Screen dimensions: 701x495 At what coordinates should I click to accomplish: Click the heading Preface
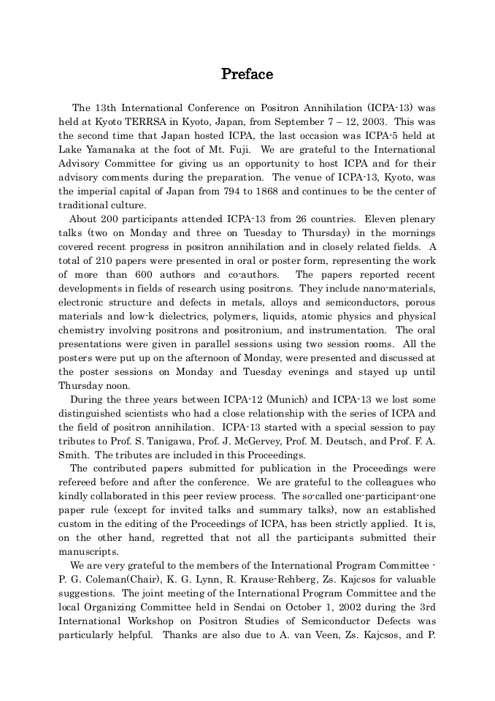[x=247, y=75]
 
